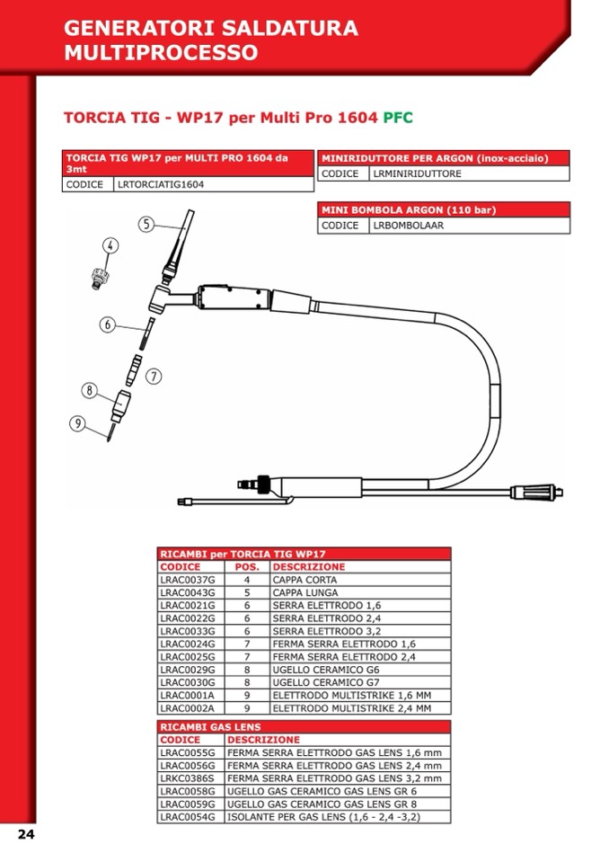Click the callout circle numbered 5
tap(146, 224)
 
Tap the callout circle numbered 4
tap(110, 245)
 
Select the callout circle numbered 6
tap(108, 324)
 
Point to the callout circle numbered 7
tap(154, 376)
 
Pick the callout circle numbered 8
tap(89, 390)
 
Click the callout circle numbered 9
tap(77, 424)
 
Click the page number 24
tap(26, 834)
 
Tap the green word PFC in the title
tap(398, 118)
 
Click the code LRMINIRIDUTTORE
tap(417, 173)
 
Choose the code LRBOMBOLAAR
tap(408, 226)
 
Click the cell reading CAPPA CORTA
tap(305, 581)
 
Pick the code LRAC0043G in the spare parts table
tap(187, 593)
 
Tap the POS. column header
tap(247, 567)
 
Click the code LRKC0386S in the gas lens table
tap(187, 778)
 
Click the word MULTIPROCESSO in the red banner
tap(161, 52)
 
